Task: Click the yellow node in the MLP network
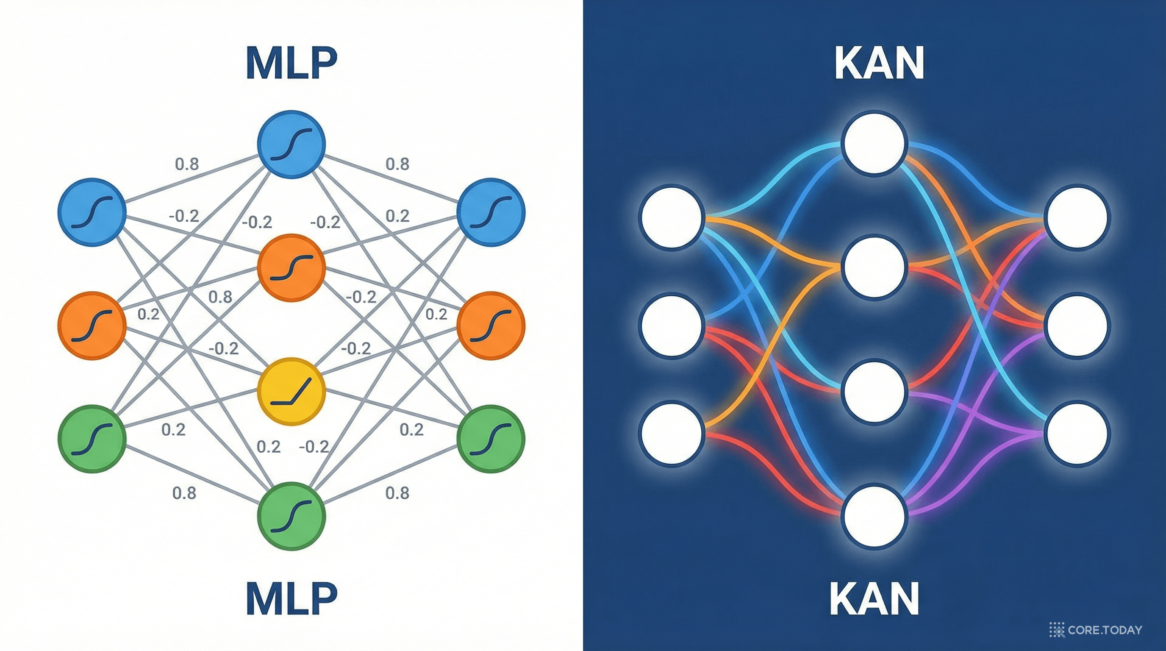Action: click(x=291, y=391)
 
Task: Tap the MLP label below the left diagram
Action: click(x=291, y=598)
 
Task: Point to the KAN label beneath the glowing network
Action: click(x=874, y=598)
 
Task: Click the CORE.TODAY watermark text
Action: click(x=1104, y=630)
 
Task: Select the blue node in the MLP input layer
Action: click(x=92, y=212)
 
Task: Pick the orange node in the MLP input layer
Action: click(x=92, y=325)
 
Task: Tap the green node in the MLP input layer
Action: click(x=92, y=438)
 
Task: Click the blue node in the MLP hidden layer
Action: click(x=291, y=144)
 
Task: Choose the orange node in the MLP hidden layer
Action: click(x=291, y=267)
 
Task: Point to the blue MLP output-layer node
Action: click(x=491, y=212)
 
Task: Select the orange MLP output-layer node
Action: click(x=491, y=325)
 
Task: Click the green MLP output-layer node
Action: click(x=491, y=438)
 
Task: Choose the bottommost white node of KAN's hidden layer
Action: click(x=874, y=517)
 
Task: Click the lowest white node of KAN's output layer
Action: click(x=1077, y=433)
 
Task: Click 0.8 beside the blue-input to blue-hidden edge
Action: click(x=187, y=164)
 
